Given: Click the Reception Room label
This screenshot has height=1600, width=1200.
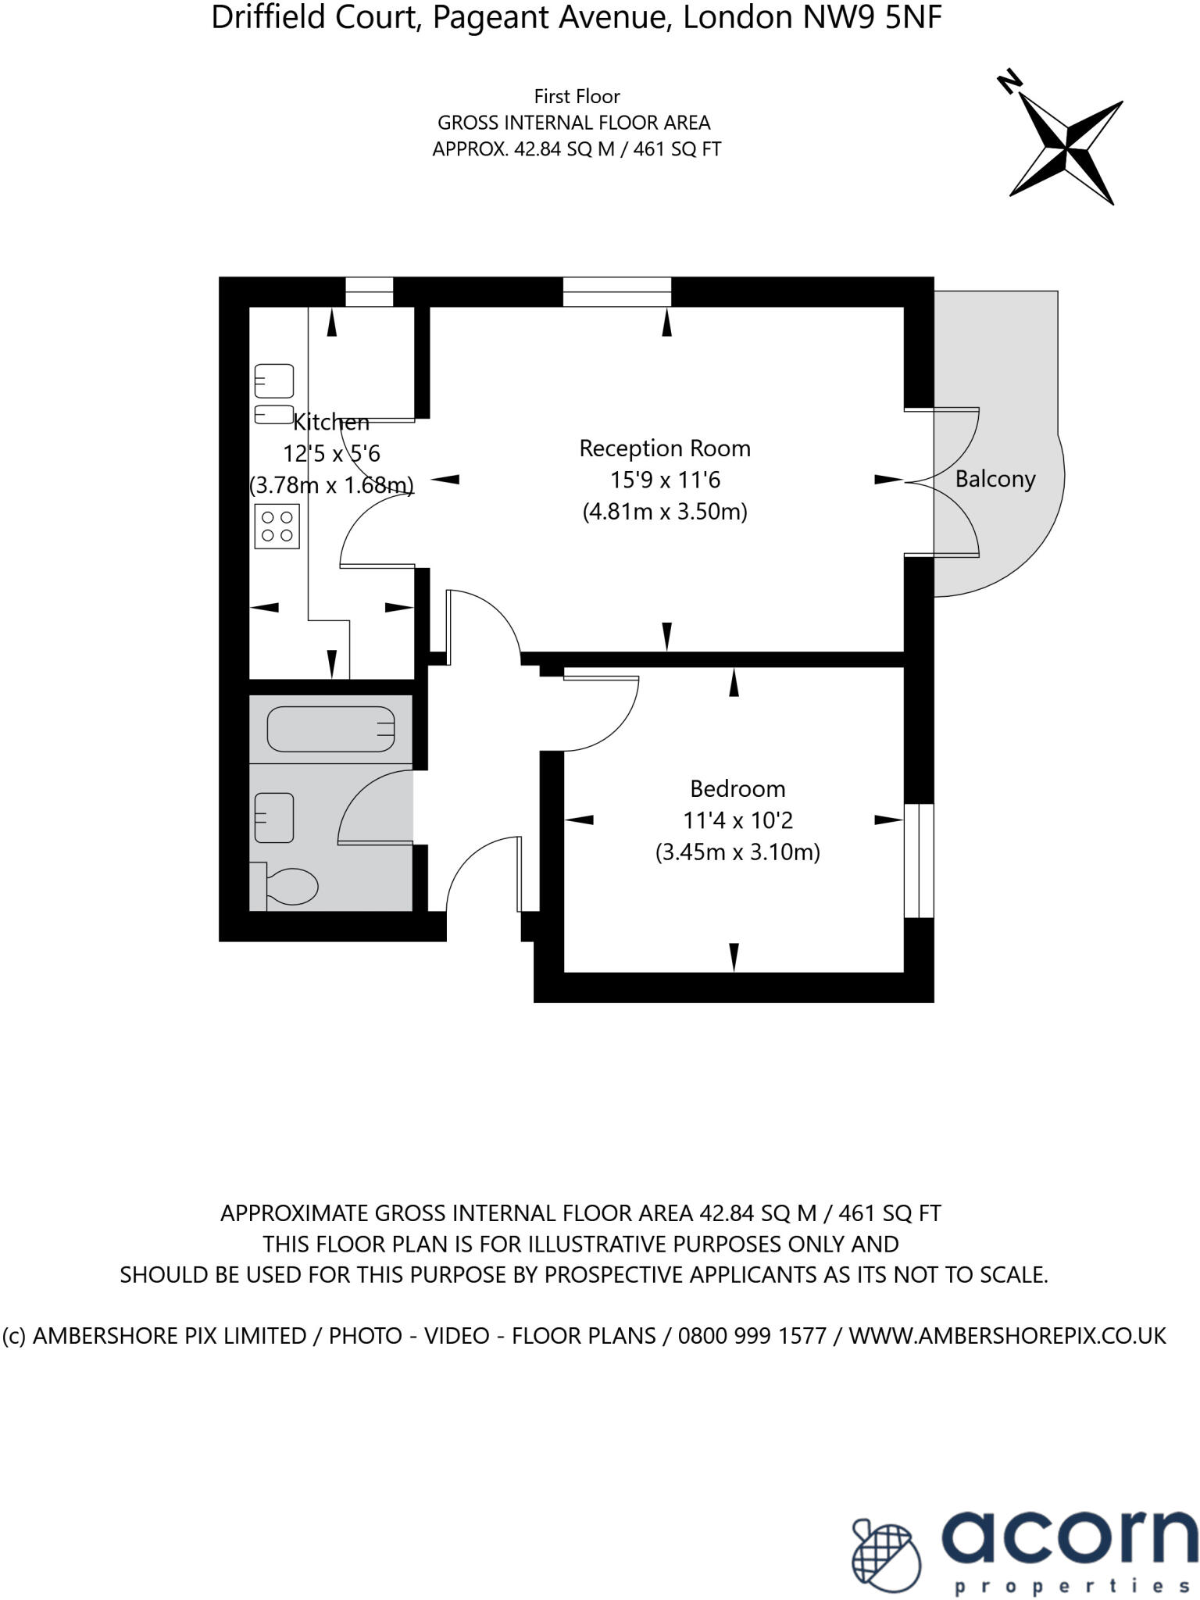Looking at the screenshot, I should coord(664,448).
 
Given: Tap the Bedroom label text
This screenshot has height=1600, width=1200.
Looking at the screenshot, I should coord(737,788).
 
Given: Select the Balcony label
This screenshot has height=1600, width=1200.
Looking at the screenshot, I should coord(995,479).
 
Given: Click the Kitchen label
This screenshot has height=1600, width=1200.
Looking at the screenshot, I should coord(330,423).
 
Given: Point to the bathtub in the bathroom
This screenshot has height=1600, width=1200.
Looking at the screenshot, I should coord(331,729).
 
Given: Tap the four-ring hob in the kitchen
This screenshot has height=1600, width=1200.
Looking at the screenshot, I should coord(277,527).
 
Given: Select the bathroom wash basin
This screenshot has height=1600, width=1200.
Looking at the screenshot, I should coord(273,817).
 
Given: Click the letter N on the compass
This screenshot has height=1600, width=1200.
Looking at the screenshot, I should coord(1010,81).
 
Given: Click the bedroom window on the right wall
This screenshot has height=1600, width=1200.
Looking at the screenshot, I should coord(919,860).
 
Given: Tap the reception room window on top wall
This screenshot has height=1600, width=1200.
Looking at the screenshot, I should coord(616,291).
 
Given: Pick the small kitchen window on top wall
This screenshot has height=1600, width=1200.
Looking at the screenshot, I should coord(370,291).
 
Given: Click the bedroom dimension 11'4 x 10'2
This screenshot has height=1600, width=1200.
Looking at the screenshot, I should coord(737,820).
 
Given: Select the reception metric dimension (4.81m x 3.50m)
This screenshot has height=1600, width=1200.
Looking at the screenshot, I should coord(664,512).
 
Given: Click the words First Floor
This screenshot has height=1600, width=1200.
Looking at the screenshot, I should coord(577,97).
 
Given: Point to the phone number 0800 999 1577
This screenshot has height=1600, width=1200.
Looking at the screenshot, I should coord(752,1335).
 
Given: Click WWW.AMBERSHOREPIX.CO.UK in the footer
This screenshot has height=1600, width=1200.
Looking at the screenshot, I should coord(1007,1335).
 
